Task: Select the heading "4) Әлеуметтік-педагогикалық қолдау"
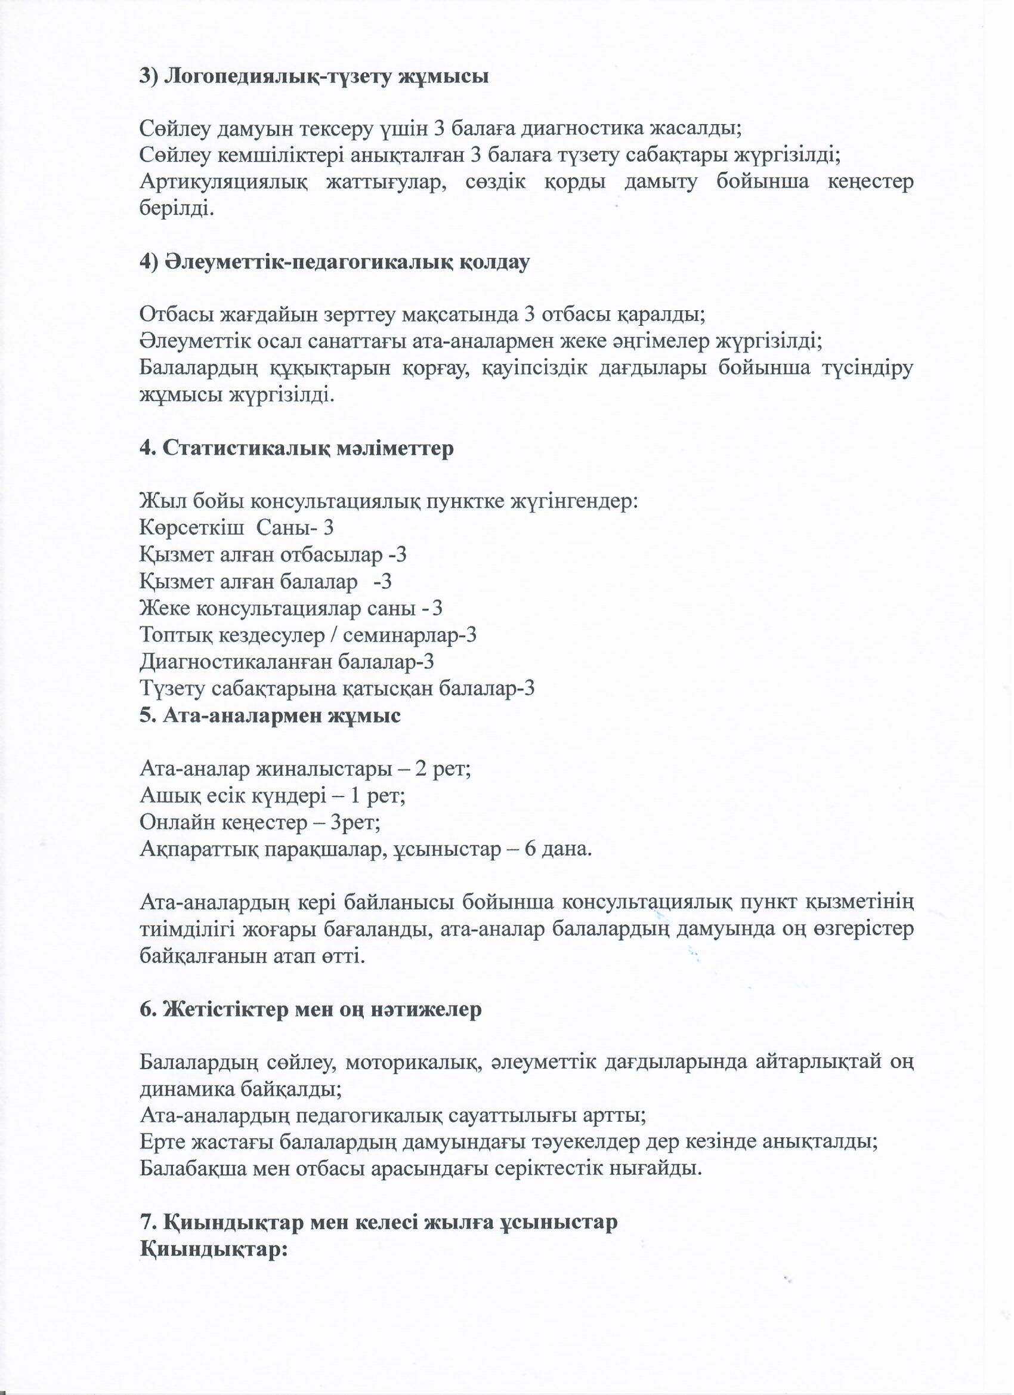click(335, 262)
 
